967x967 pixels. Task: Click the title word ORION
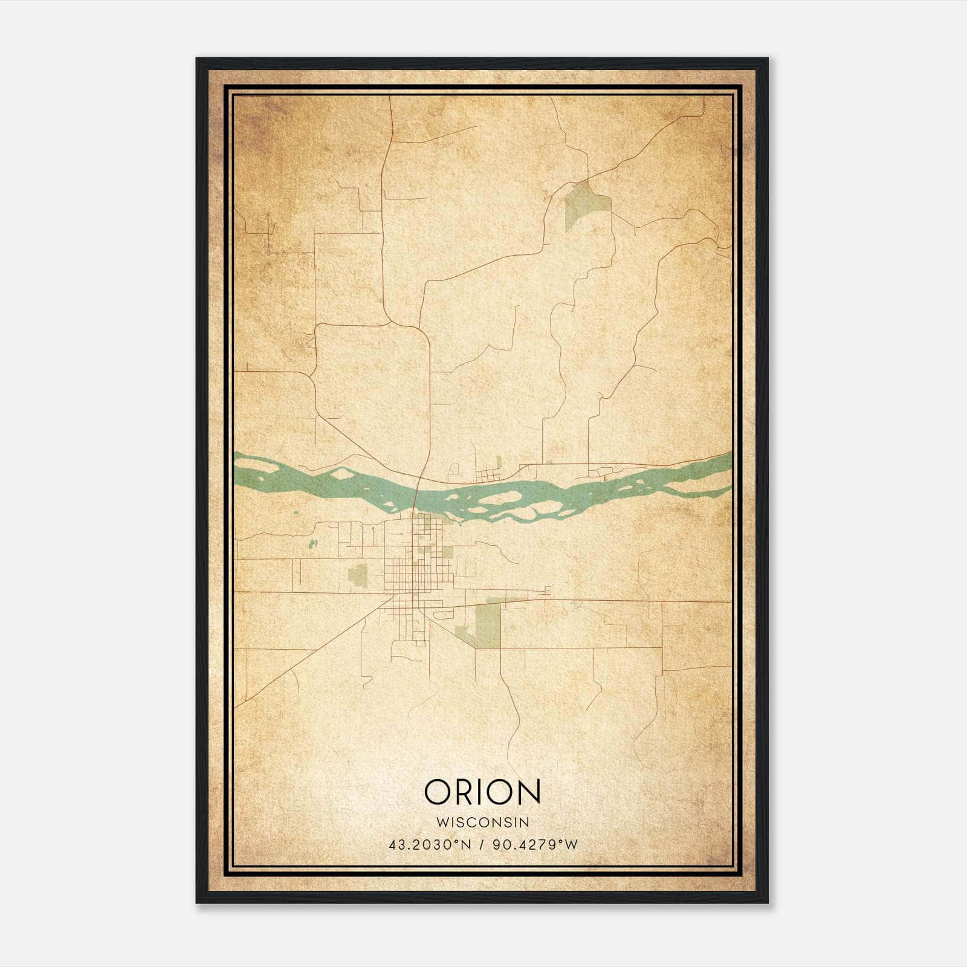(x=482, y=792)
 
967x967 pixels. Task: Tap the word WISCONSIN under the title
(x=482, y=822)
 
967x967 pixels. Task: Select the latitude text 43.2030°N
(x=430, y=844)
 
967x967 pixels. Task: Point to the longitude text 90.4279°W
(x=535, y=844)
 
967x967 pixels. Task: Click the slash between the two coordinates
(x=482, y=844)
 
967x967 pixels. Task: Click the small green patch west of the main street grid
(x=357, y=575)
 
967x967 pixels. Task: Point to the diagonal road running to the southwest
(x=308, y=653)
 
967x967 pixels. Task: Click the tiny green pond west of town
(x=312, y=544)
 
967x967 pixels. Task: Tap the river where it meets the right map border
(x=729, y=465)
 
